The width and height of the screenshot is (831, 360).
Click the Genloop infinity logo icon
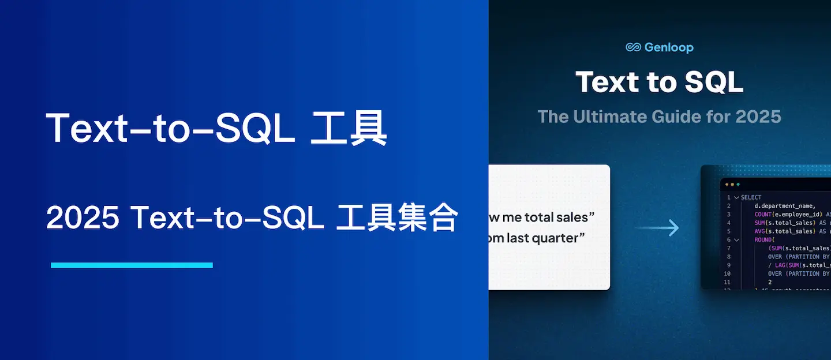(634, 47)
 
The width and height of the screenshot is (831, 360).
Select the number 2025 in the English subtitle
(758, 117)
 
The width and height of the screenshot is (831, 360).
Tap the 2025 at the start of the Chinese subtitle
(83, 218)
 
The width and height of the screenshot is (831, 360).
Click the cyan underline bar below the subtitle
(132, 265)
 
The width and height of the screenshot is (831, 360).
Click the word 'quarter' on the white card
(558, 238)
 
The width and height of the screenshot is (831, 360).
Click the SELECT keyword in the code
(751, 197)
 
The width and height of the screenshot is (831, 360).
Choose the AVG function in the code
(761, 231)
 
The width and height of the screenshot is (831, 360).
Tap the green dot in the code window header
(738, 185)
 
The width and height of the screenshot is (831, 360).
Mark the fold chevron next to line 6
(736, 239)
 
